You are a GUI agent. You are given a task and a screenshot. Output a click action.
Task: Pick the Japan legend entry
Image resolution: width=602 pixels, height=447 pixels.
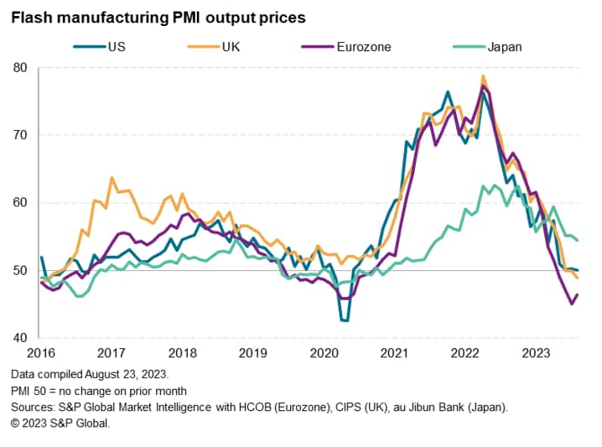point(503,47)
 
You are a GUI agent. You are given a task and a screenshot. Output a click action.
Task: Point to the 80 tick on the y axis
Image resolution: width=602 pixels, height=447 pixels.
point(22,68)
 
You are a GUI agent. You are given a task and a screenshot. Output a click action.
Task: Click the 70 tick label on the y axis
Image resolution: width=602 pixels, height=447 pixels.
point(22,135)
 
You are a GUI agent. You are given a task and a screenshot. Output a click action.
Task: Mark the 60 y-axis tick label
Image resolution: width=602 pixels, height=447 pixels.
point(22,203)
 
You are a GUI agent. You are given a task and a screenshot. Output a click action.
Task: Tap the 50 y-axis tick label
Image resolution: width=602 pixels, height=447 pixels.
point(22,271)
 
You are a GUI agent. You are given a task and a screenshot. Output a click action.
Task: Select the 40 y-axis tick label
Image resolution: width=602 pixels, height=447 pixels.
point(22,339)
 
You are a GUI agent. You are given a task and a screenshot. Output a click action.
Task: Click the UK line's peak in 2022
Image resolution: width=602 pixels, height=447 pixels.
point(483,76)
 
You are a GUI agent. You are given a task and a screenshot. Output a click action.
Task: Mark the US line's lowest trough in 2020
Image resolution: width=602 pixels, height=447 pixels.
point(344,320)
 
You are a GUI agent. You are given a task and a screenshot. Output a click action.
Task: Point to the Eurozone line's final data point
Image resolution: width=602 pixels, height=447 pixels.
point(578,294)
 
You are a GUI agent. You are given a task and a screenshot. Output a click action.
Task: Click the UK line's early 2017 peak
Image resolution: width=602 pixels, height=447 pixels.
point(112,178)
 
